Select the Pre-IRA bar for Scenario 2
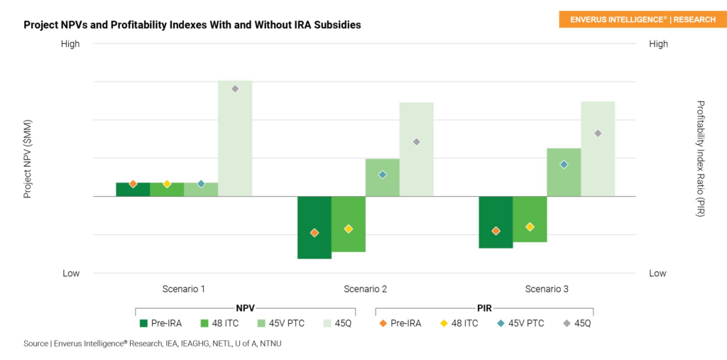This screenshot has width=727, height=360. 315,227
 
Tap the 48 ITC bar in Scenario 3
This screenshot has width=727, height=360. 530,219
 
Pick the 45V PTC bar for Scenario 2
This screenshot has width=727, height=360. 382,178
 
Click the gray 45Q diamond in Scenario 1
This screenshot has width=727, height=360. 235,89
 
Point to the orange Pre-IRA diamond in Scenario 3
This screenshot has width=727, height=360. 496,231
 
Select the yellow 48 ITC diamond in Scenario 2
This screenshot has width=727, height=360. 349,229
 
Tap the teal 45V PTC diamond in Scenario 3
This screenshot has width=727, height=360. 564,164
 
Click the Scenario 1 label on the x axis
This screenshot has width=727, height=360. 184,289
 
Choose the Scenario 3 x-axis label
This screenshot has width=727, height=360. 547,289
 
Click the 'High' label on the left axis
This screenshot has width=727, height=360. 70,44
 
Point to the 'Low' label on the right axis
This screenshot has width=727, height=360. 657,273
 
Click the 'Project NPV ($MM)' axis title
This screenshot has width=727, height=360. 28,158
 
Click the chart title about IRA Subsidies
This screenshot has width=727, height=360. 192,25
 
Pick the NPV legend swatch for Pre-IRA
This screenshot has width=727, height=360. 143,323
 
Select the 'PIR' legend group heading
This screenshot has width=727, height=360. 484,309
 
